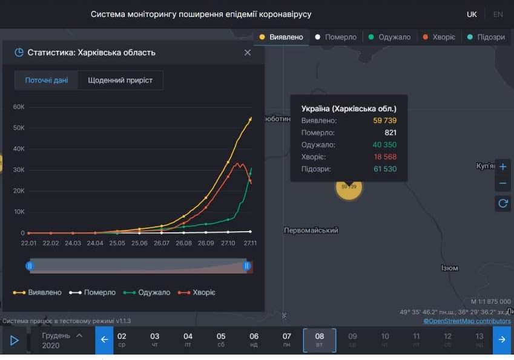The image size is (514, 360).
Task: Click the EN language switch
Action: [498, 14]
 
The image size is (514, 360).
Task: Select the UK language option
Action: [472, 14]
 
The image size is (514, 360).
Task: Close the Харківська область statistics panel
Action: [248, 53]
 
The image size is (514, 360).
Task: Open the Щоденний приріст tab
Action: [120, 80]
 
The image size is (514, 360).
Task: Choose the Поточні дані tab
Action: [47, 80]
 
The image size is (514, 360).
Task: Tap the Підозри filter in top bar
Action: [487, 37]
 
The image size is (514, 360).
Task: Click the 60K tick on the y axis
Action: [18, 107]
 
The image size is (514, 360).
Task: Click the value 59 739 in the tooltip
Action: [384, 120]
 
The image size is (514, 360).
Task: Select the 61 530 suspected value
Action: [384, 169]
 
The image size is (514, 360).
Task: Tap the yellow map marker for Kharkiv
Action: [349, 186]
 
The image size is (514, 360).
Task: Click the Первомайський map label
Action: [311, 231]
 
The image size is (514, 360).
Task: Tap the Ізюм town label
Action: [449, 268]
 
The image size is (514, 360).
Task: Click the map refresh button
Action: [502, 203]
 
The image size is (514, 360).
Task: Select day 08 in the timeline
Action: [320, 340]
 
